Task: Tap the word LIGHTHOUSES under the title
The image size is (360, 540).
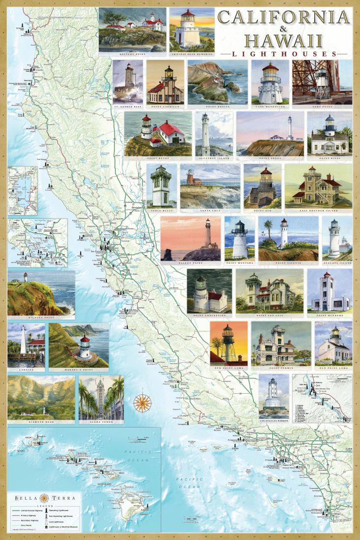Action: pos(284,54)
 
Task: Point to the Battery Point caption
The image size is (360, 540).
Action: pos(132,54)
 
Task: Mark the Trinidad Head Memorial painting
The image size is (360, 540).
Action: pos(192,29)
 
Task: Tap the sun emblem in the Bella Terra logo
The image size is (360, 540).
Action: pos(44,498)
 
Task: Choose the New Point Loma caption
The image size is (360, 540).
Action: pos(228,366)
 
